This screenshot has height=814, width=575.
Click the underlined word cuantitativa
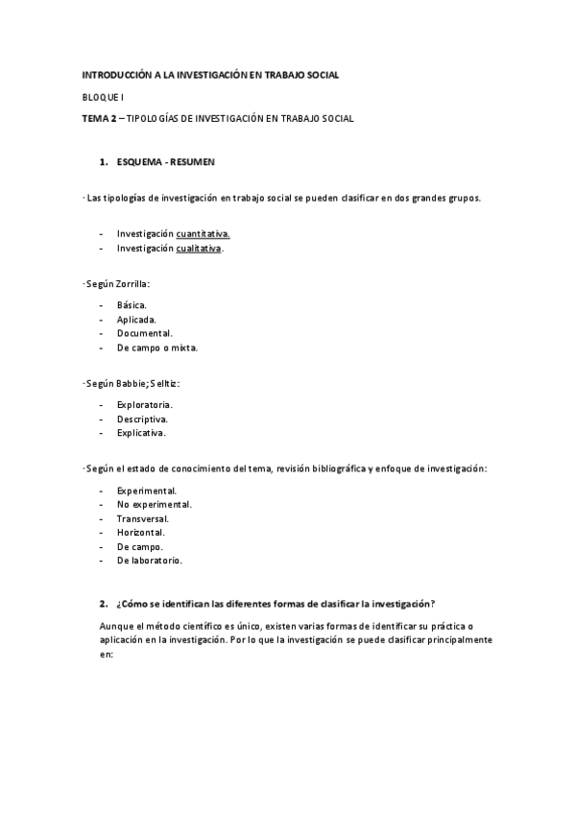[204, 233]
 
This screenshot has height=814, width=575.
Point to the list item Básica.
[132, 304]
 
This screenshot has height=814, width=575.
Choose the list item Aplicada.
[136, 319]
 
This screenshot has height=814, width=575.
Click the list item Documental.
[145, 333]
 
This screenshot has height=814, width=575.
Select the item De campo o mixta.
[157, 347]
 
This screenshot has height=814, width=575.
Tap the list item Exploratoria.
[145, 405]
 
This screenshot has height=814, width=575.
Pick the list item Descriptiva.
[143, 419]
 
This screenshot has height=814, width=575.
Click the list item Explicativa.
[142, 433]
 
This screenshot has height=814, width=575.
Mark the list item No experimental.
[155, 504]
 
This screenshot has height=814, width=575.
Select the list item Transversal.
[144, 518]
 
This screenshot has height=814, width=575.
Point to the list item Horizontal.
[141, 532]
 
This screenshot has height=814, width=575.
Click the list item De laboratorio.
[150, 560]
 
